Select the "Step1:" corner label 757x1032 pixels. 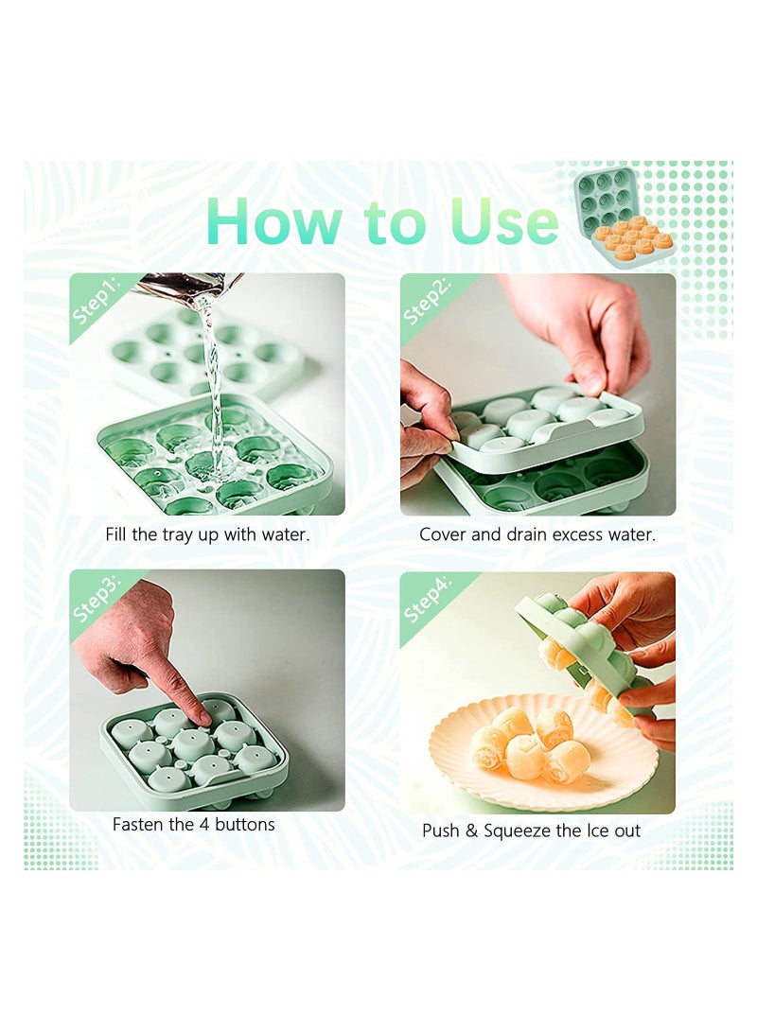pyautogui.click(x=97, y=301)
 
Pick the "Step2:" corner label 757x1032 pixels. pyautogui.click(x=427, y=302)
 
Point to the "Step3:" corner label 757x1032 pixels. pyautogui.click(x=97, y=598)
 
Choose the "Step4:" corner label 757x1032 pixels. pyautogui.click(x=427, y=598)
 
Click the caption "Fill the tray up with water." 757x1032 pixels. pyautogui.click(x=207, y=534)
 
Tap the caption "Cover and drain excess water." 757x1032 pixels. pyautogui.click(x=537, y=534)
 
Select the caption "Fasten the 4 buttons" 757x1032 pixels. pyautogui.click(x=194, y=824)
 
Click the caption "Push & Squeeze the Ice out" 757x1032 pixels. pyautogui.click(x=531, y=831)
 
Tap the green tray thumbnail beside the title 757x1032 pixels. pyautogui.click(x=607, y=201)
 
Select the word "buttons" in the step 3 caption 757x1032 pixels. pyautogui.click(x=245, y=824)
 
